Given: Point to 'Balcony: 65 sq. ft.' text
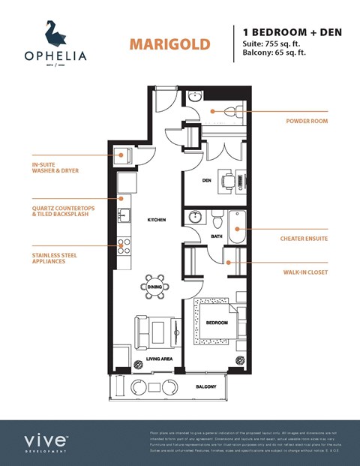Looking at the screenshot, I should (276, 53).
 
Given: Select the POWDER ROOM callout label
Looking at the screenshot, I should (307, 121).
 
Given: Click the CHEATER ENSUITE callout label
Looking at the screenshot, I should (303, 239).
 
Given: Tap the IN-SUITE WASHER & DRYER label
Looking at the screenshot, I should (55, 167).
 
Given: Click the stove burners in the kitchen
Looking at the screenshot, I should (123, 245).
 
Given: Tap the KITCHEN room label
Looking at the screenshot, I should (156, 220).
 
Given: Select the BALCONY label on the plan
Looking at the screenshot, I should (206, 386).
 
